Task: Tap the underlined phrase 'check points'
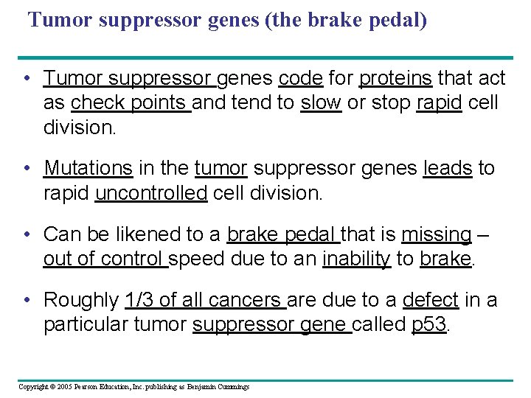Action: [x=131, y=102]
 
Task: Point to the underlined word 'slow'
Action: [x=321, y=102]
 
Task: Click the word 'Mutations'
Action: [x=88, y=168]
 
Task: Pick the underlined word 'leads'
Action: [x=447, y=168]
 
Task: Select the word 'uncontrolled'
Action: [x=151, y=193]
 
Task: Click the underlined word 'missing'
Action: [x=436, y=234]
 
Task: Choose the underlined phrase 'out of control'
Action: [x=105, y=259]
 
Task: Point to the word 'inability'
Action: [x=356, y=259]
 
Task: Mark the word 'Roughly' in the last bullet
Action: [x=81, y=300]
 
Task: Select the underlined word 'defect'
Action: [x=431, y=300]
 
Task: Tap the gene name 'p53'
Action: [x=428, y=325]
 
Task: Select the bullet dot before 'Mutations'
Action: [x=26, y=169]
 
